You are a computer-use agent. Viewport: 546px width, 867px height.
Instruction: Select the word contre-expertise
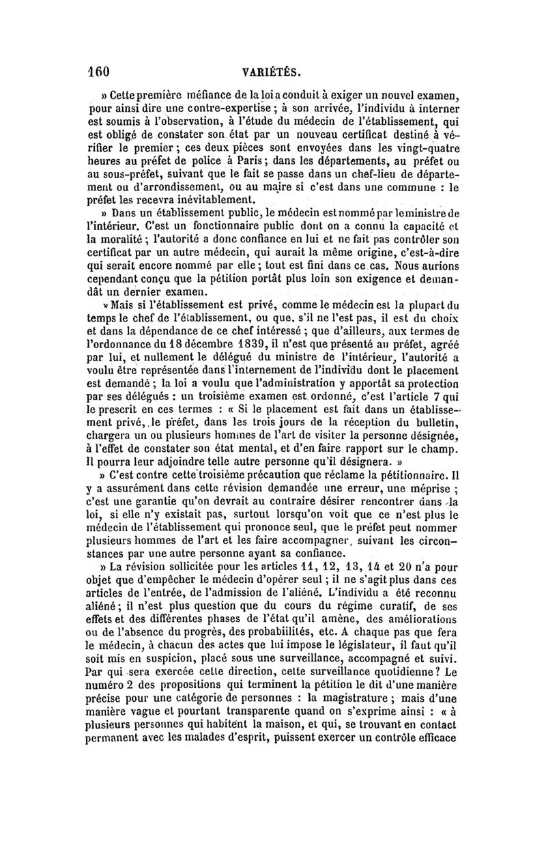tap(220, 109)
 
